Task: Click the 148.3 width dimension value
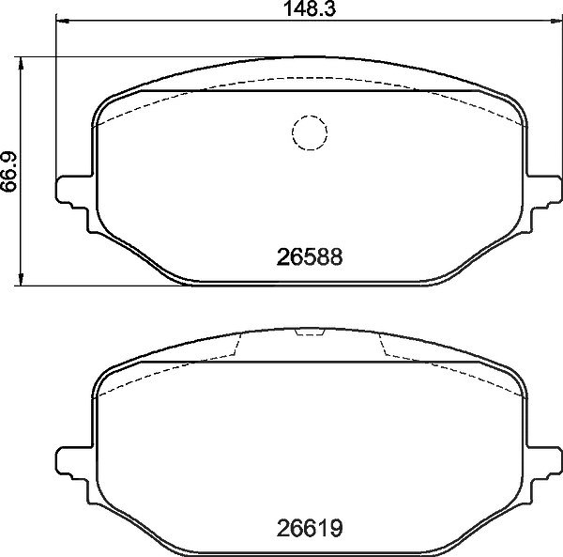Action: click(310, 9)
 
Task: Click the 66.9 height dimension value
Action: click(9, 172)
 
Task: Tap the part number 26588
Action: click(310, 257)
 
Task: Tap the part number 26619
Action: click(310, 528)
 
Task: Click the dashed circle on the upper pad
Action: click(310, 116)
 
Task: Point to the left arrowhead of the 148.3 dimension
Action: click(63, 22)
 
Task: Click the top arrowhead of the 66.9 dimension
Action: click(21, 63)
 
